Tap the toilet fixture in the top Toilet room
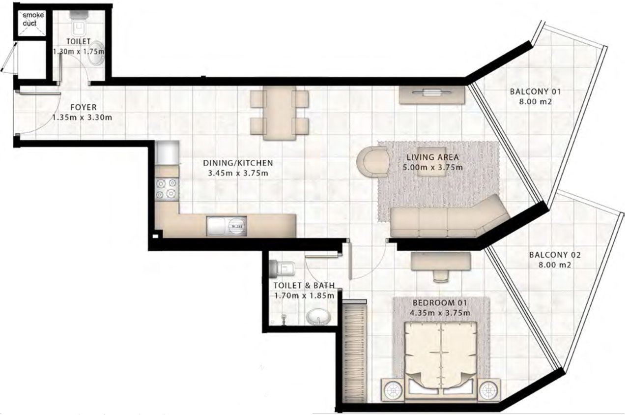point(80,22)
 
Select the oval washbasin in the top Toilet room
point(96,54)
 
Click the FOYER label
point(84,107)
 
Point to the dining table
point(280,113)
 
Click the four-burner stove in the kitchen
point(167,188)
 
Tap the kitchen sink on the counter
point(227,226)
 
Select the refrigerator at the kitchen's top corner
point(167,152)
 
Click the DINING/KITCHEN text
point(238,163)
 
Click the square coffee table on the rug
point(431,162)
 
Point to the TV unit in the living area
point(432,95)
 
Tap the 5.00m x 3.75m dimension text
point(432,168)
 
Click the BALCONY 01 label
point(535,91)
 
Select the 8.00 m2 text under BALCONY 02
point(555,265)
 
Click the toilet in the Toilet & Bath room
point(282,269)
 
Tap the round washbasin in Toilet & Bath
point(318,317)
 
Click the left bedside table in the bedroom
point(392,390)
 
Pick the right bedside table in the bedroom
point(489,390)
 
